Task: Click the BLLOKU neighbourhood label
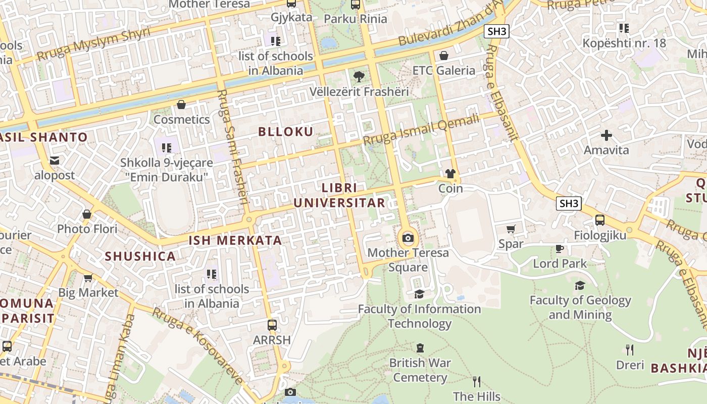click(x=286, y=132)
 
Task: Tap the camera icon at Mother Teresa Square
click(x=408, y=238)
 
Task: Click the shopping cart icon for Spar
click(x=511, y=229)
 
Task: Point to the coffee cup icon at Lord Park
click(x=560, y=248)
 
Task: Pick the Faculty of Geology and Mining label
click(x=580, y=308)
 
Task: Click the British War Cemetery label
click(x=420, y=370)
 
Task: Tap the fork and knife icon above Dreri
click(x=630, y=349)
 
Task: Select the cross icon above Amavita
click(x=607, y=135)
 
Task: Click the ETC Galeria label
click(x=444, y=70)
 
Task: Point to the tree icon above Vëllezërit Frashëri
click(x=359, y=77)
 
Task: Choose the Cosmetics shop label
click(x=181, y=120)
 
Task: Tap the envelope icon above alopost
click(x=55, y=161)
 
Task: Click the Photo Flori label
click(x=87, y=229)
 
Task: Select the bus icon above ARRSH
click(x=272, y=325)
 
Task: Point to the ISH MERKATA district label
click(x=235, y=240)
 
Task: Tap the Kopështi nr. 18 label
click(x=624, y=43)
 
